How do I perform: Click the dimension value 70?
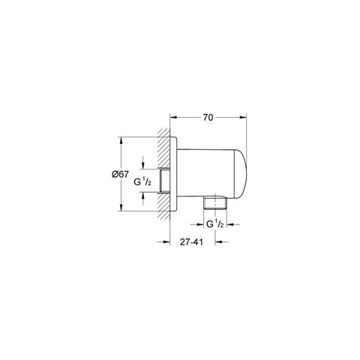coord(208,117)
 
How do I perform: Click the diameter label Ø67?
coord(120,174)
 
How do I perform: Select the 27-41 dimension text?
coord(191,241)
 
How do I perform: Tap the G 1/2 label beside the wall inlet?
coord(142,182)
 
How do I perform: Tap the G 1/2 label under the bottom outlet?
coord(214,224)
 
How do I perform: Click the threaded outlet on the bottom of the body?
coord(215,201)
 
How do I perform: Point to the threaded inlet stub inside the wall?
coord(163,181)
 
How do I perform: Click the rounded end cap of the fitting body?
coord(241,174)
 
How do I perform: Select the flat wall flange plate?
coord(173,174)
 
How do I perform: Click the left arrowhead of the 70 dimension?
coord(173,117)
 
